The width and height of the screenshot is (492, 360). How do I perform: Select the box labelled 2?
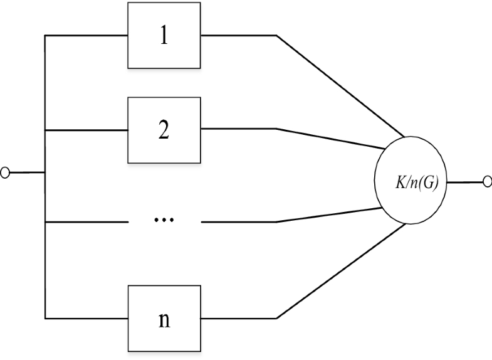click(x=164, y=129)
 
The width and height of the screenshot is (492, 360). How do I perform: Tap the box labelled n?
click(x=164, y=317)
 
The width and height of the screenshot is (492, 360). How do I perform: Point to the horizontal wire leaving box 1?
click(x=239, y=36)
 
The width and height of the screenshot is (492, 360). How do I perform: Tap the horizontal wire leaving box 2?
click(x=239, y=129)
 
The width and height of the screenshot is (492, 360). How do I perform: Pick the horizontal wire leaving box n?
click(x=239, y=317)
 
